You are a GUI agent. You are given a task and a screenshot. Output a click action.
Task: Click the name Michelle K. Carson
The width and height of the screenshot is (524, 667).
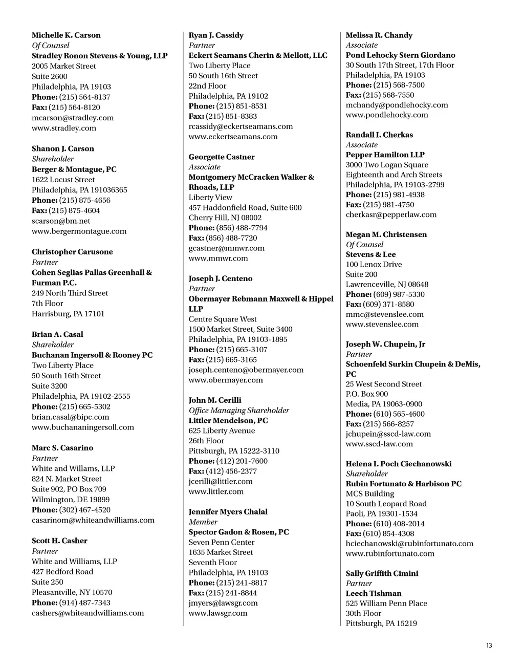(66, 35)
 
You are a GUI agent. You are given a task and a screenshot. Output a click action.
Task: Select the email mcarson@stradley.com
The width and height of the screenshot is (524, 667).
(73, 118)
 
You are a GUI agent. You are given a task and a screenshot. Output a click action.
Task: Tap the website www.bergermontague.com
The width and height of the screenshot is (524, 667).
(79, 231)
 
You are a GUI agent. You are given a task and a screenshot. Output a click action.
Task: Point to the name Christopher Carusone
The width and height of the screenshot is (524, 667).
(72, 252)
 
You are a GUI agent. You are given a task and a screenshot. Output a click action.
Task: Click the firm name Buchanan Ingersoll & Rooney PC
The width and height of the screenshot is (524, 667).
(92, 355)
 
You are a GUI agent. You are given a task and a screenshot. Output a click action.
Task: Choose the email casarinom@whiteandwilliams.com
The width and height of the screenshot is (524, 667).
(93, 520)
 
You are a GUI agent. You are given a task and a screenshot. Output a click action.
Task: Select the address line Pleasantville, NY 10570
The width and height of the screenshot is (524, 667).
(72, 592)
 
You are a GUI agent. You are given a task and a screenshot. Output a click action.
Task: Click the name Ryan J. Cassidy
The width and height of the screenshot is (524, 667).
(216, 35)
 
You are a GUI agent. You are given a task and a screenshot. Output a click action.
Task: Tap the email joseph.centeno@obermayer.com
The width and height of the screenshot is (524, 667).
(246, 370)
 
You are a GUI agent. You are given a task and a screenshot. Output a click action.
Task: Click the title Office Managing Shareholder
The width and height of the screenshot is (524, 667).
(238, 411)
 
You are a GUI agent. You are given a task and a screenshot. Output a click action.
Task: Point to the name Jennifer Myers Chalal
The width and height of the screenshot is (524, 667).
(228, 512)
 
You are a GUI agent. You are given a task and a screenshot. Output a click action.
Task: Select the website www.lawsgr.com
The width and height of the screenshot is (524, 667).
(217, 613)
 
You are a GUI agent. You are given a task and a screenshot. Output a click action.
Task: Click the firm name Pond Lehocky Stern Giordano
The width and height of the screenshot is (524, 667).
(400, 55)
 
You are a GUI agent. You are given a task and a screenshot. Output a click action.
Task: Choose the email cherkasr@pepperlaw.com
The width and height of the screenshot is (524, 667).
(391, 214)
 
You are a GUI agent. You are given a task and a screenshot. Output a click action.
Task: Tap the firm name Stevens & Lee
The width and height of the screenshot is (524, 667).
(370, 254)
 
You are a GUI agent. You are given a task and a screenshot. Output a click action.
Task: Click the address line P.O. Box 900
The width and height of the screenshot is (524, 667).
(366, 394)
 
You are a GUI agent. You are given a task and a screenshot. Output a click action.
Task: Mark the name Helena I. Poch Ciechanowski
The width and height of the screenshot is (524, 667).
(399, 464)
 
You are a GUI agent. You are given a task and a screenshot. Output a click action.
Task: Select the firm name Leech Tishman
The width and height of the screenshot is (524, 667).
(374, 593)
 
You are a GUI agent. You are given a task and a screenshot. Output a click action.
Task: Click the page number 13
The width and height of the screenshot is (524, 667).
(489, 646)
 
